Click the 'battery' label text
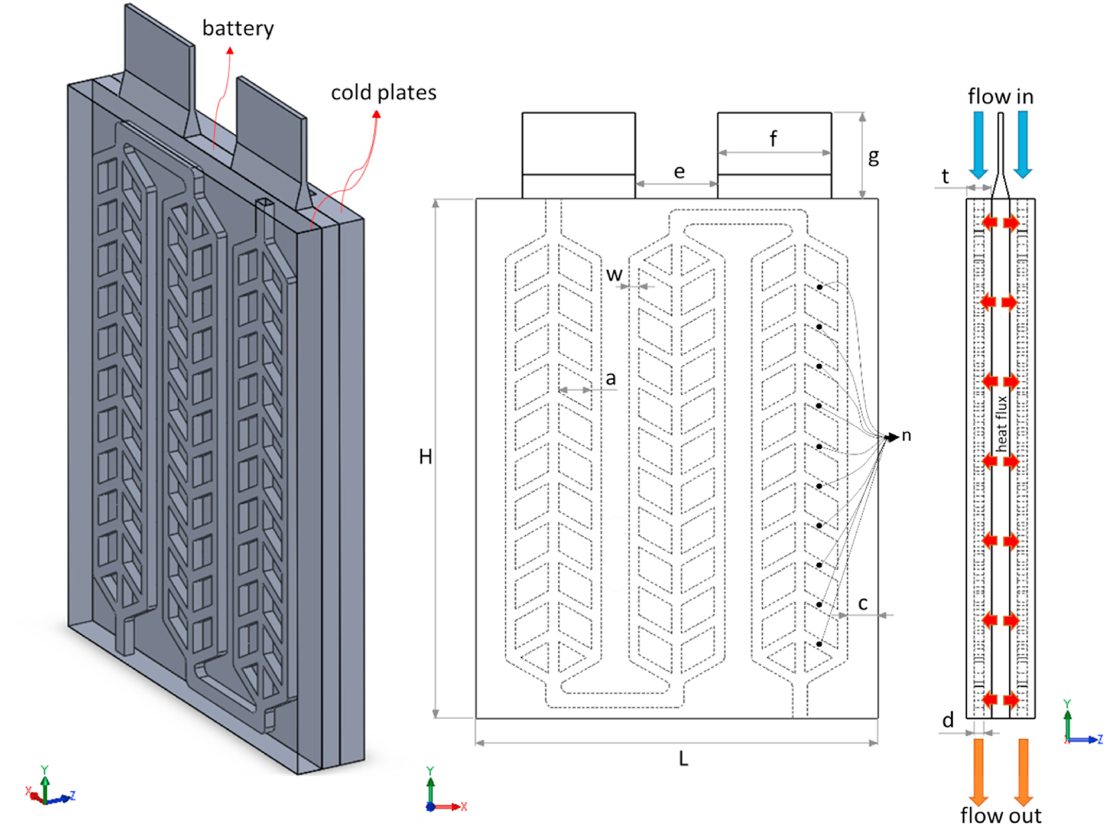click(238, 29)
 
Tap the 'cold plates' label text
click(383, 93)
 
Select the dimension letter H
click(426, 457)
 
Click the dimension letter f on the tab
click(773, 139)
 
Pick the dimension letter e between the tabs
click(679, 172)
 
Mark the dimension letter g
click(873, 157)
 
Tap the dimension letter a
click(610, 379)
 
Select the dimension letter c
click(863, 603)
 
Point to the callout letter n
click(906, 436)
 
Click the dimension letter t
click(945, 176)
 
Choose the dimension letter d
click(948, 720)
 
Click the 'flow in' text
click(1000, 96)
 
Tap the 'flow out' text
click(1001, 816)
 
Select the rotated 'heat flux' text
click(1001, 424)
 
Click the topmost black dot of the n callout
click(820, 288)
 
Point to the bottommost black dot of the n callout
click(819, 644)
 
